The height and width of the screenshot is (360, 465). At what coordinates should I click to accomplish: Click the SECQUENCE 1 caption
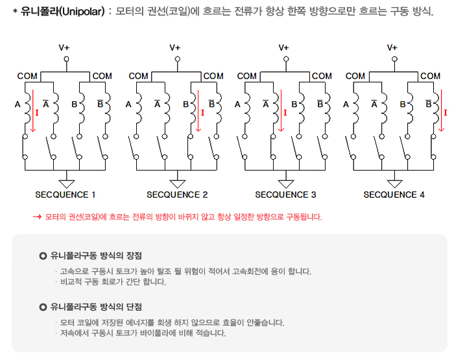pos(66,195)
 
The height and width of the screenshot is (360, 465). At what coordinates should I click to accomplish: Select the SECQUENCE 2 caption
pos(177,195)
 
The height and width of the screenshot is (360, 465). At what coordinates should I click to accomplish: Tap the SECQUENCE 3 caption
pos(285,195)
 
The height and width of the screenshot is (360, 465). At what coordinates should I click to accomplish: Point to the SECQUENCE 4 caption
pos(394,195)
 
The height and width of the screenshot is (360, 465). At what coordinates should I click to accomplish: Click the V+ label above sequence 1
pos(66,47)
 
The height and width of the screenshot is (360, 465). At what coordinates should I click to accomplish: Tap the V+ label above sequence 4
pos(392,47)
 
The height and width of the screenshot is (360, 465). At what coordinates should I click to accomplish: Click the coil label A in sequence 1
pos(18,103)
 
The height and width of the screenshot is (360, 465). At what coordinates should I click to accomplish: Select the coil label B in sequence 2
pos(185,103)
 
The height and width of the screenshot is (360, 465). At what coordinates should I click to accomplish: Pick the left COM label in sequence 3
pos(246,76)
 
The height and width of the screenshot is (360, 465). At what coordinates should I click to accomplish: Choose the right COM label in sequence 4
pos(430,76)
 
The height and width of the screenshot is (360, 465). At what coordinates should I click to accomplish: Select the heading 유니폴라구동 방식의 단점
pos(96,306)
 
